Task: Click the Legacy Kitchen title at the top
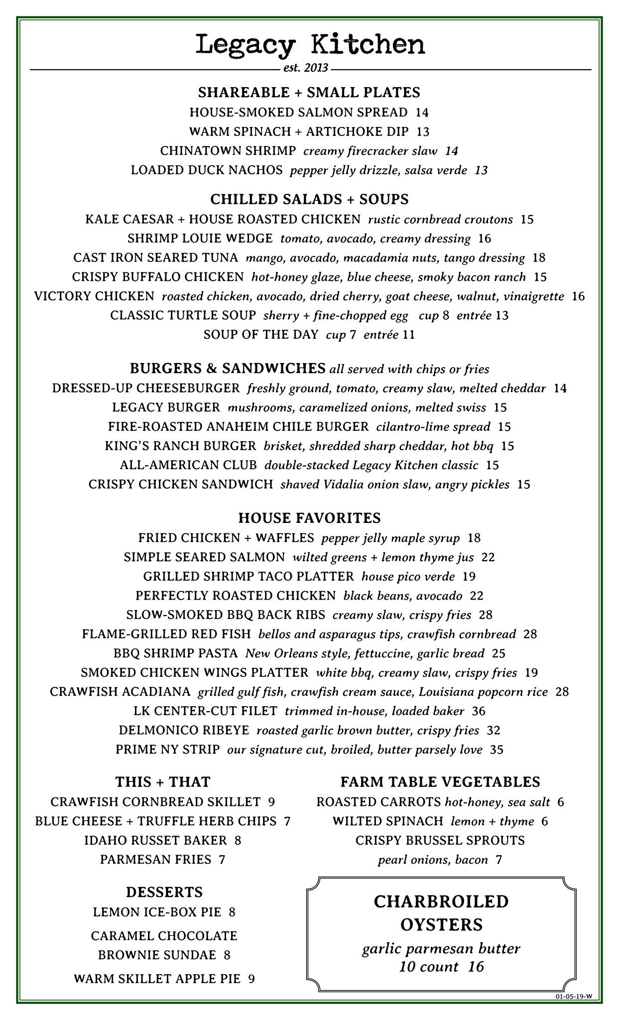[310, 45]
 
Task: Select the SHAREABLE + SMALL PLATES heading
[309, 93]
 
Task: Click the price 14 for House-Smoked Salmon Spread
[422, 113]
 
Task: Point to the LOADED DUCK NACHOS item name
[207, 170]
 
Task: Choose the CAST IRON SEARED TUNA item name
[156, 258]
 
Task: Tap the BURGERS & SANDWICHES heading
[228, 369]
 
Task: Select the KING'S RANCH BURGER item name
[180, 446]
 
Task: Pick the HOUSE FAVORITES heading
[309, 518]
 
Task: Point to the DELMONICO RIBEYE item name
[184, 731]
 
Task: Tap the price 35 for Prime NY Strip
[496, 750]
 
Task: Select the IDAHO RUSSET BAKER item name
[155, 841]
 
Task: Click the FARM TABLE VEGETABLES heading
[440, 782]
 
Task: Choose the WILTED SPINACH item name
[388, 821]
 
